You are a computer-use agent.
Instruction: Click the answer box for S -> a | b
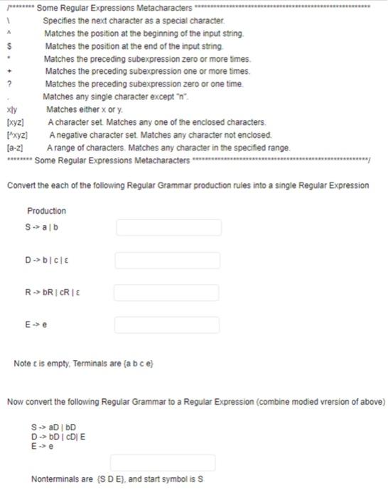168,227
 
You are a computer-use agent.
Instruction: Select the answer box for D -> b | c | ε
168,261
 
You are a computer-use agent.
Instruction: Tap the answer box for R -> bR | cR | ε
168,293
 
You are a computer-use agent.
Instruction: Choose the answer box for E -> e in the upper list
168,325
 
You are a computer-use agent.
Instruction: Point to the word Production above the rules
46,211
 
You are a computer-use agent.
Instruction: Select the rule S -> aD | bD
53,427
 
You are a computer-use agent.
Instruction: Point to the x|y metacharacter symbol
12,110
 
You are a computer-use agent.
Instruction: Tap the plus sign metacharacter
10,72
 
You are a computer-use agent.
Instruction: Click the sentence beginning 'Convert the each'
188,185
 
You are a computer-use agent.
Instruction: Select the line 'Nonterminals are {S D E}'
117,479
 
